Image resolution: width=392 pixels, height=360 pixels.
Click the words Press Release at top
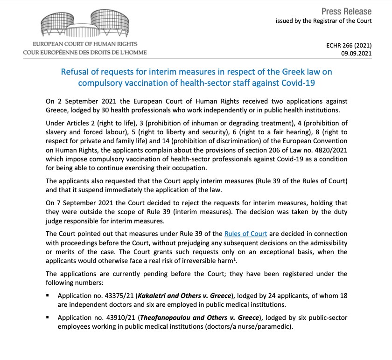coord(347,11)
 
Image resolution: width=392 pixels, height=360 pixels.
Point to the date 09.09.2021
coord(357,54)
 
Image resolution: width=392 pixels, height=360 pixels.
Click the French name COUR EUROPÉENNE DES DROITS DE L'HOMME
coord(85,52)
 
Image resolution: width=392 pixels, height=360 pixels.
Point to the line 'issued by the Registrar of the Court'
coord(323,21)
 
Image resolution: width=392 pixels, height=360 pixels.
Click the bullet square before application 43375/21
coord(48,296)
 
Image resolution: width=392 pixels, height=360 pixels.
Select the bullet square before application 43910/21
coord(48,318)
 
